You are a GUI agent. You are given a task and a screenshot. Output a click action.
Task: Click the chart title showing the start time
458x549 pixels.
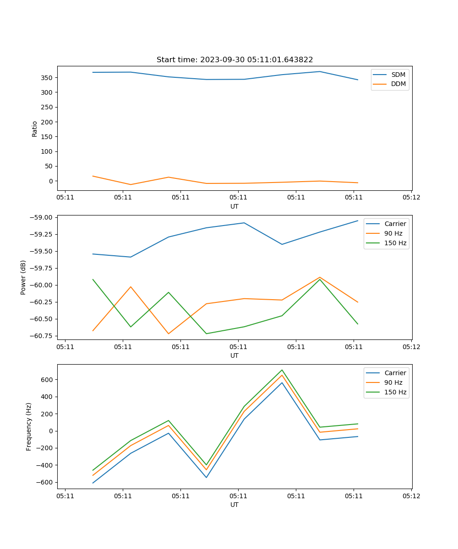pos(234,60)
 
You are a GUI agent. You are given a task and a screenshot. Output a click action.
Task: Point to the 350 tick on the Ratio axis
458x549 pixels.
pos(47,78)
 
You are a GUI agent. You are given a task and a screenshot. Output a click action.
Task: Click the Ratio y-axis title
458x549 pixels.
pos(35,129)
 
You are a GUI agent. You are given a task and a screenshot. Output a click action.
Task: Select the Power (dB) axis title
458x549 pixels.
pos(23,277)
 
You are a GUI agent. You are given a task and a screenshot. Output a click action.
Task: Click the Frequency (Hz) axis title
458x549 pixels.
pos(29,426)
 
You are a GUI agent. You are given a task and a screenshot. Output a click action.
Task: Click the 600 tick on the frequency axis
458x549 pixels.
pos(47,380)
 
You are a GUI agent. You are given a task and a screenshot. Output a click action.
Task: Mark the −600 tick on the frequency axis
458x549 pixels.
pos(45,482)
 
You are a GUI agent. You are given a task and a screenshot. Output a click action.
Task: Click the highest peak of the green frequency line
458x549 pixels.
pos(282,370)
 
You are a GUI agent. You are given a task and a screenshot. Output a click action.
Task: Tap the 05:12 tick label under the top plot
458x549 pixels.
pos(411,198)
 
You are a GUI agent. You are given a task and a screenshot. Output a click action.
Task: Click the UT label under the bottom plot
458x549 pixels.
pos(234,505)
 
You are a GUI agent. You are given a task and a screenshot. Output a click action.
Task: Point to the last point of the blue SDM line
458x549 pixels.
pos(358,80)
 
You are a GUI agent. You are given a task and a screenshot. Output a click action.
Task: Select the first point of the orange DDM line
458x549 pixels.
pos(93,176)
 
